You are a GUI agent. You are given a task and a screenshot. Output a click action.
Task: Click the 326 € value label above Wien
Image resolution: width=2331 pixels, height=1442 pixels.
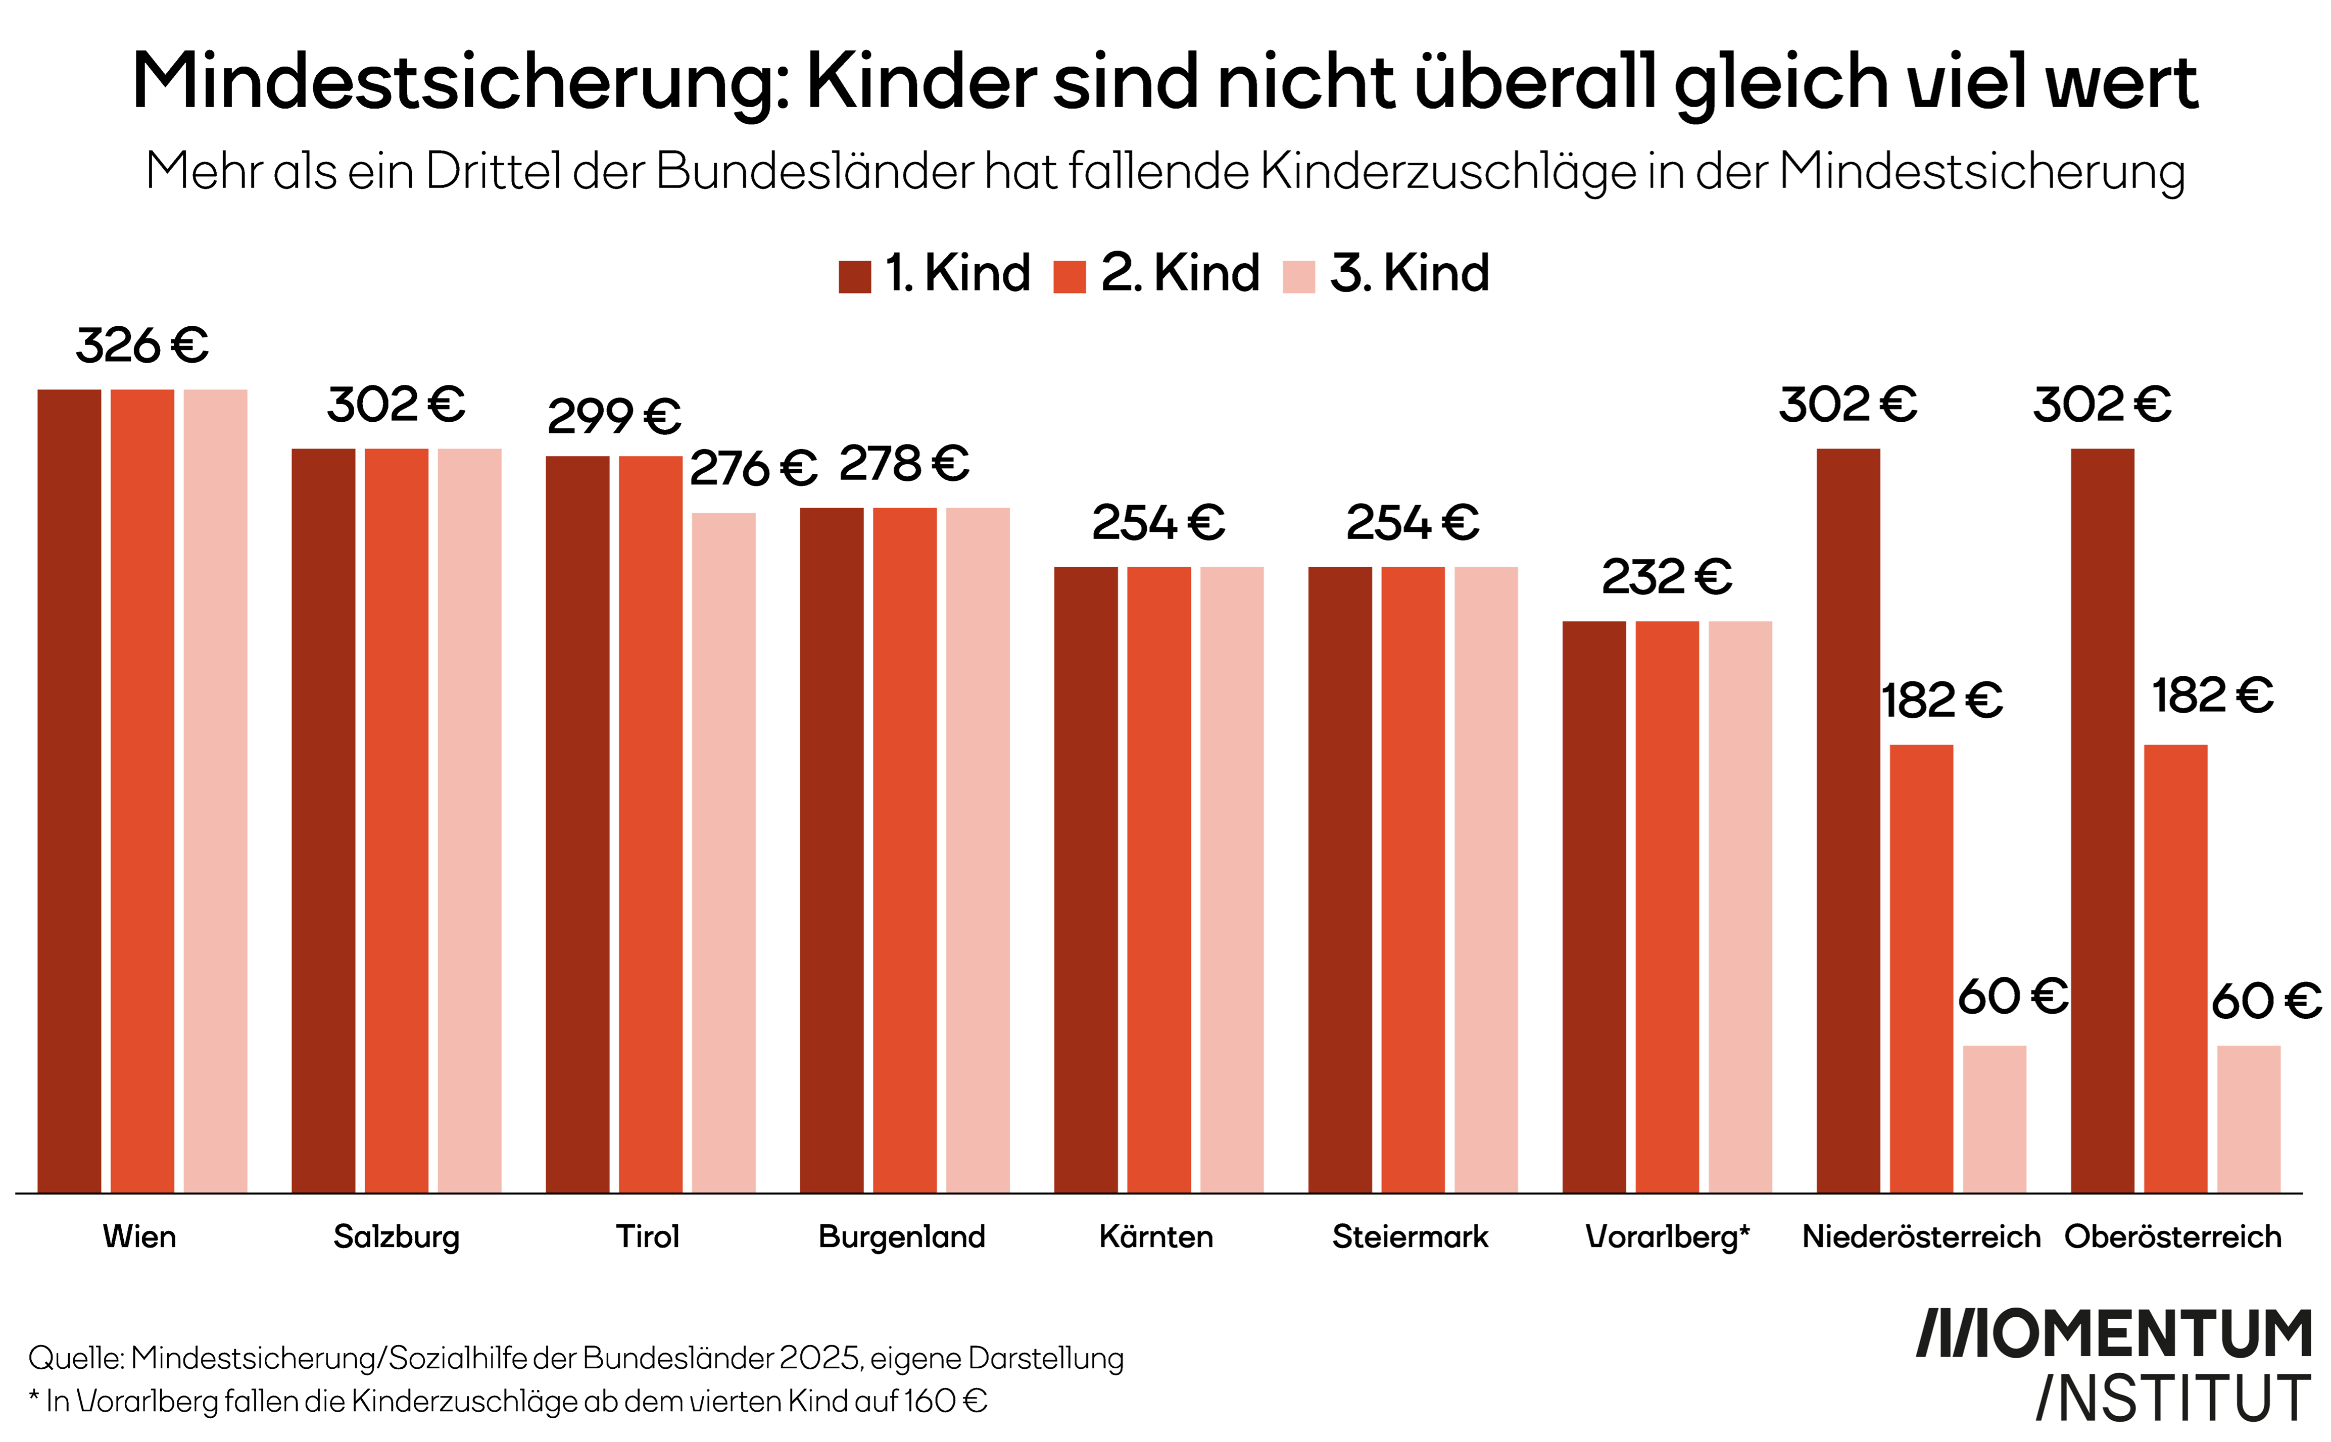142,345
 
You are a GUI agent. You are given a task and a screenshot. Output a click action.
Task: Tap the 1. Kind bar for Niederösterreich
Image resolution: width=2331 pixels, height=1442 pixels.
1848,820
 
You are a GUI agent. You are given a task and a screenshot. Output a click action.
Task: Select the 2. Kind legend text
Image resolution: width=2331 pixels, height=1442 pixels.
1180,274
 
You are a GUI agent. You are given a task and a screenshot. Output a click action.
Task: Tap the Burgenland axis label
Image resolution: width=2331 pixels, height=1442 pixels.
901,1237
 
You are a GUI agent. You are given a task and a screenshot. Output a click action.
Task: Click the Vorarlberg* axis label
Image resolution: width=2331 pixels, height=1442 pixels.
1666,1237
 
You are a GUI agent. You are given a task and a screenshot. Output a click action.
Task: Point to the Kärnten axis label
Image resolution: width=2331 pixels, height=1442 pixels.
1156,1237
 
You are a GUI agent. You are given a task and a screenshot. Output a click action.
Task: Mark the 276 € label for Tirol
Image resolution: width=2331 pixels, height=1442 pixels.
753,468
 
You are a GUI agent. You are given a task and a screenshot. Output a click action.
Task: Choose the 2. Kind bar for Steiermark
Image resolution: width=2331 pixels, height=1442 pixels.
1413,879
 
